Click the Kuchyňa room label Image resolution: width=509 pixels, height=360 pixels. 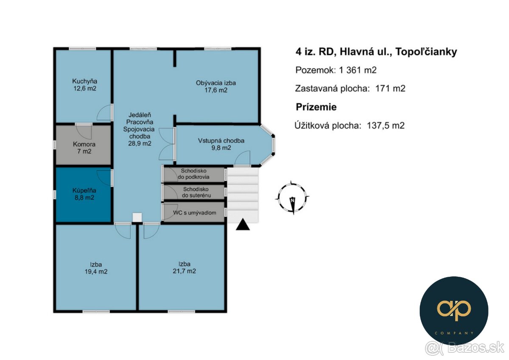(x=85, y=81)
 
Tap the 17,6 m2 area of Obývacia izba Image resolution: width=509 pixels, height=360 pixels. (x=216, y=90)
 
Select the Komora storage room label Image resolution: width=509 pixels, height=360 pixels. (x=84, y=144)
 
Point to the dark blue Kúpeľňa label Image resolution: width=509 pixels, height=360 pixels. (x=84, y=191)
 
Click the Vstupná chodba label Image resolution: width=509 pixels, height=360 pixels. (x=221, y=141)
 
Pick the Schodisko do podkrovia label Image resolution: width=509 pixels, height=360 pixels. (x=193, y=174)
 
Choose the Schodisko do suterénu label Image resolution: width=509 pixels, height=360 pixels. (x=196, y=192)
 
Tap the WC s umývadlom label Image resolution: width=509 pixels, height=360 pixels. (x=195, y=213)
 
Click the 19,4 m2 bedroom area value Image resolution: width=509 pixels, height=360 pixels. (x=96, y=272)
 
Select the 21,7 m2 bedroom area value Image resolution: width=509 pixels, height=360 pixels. (x=184, y=271)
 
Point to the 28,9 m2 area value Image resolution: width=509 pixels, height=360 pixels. (x=140, y=143)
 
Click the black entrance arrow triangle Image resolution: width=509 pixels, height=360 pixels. (x=243, y=224)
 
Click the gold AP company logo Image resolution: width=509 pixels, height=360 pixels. (x=454, y=311)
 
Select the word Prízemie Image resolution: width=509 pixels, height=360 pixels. (x=316, y=107)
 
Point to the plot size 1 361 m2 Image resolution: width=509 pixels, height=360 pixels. (x=358, y=70)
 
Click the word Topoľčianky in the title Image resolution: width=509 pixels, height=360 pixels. (x=426, y=52)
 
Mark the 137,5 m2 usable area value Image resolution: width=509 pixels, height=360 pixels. (x=386, y=126)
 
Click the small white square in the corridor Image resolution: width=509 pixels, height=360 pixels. (x=137, y=217)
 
